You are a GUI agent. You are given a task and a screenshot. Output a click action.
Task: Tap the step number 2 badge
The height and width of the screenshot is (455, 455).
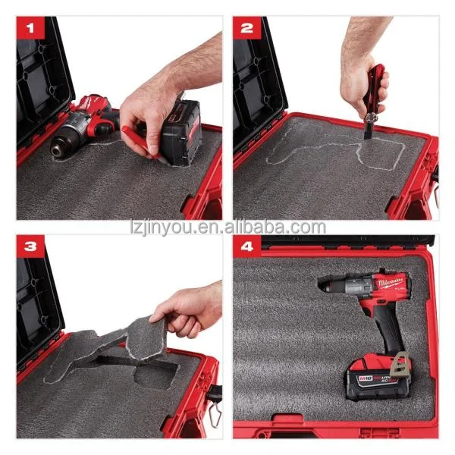(246, 30)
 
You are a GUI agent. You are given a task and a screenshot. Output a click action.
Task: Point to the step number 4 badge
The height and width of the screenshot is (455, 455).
(247, 246)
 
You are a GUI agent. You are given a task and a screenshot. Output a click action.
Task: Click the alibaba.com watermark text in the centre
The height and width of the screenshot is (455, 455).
(227, 227)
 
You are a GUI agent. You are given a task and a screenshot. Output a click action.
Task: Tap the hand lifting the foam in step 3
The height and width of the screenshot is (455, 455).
(186, 307)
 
